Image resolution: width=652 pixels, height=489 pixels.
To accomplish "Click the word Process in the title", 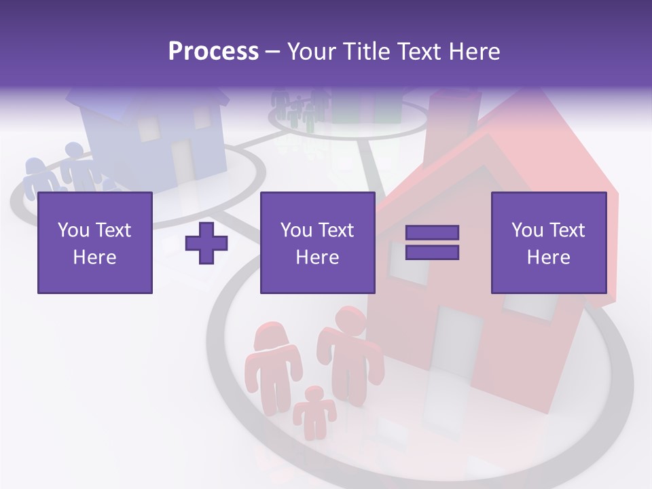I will coord(213,52).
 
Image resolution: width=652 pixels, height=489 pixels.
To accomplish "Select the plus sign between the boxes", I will coord(206,243).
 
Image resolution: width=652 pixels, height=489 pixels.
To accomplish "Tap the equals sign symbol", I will coord(432,242).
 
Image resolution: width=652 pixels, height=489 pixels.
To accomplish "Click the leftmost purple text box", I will coord(94,242).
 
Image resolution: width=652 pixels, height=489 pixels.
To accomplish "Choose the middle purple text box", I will coord(317,242).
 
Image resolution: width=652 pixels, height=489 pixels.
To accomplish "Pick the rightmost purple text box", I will coord(548,242).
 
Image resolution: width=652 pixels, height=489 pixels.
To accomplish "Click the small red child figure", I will coord(314,411).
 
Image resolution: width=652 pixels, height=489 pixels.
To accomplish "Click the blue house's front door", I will coord(182,160).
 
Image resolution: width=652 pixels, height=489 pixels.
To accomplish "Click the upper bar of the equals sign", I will coord(432,232).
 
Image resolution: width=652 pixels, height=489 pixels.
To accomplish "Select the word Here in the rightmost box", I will coord(548,257).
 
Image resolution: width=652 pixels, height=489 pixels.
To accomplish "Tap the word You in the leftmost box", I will coord(73,230).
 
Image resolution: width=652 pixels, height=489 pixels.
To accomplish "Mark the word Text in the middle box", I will coord(336,230).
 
